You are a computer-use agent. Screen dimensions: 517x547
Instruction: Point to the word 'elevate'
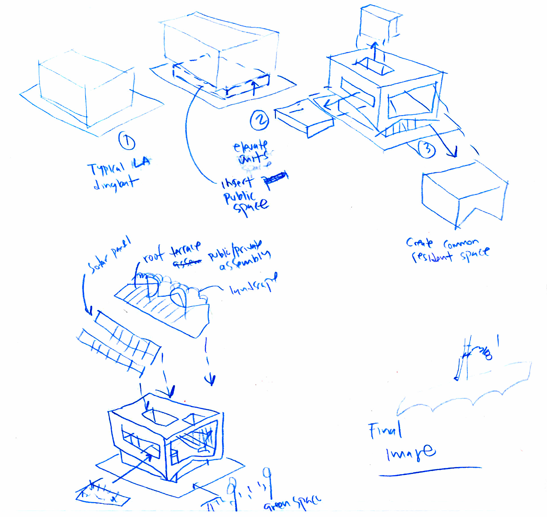click(250, 146)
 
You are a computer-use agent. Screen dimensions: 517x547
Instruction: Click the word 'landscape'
click(254, 285)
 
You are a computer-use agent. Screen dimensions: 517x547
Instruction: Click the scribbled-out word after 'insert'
click(275, 178)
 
